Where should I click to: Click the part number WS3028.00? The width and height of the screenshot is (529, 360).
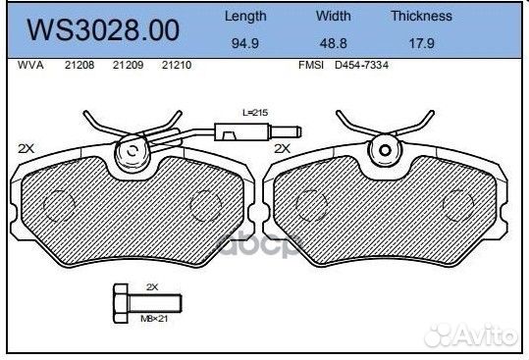click(x=103, y=30)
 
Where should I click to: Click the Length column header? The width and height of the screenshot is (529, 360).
click(x=245, y=16)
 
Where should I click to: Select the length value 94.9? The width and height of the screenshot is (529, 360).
click(x=245, y=43)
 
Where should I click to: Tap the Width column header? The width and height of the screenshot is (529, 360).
click(x=334, y=16)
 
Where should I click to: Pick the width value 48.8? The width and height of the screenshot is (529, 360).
click(x=334, y=43)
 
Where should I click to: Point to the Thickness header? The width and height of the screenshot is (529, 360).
click(x=422, y=16)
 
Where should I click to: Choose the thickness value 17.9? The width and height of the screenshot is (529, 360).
click(x=422, y=43)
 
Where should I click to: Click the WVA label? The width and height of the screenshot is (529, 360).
click(x=30, y=65)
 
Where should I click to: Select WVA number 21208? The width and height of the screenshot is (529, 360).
click(x=79, y=65)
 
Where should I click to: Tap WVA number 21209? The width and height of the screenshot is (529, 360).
click(x=129, y=65)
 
